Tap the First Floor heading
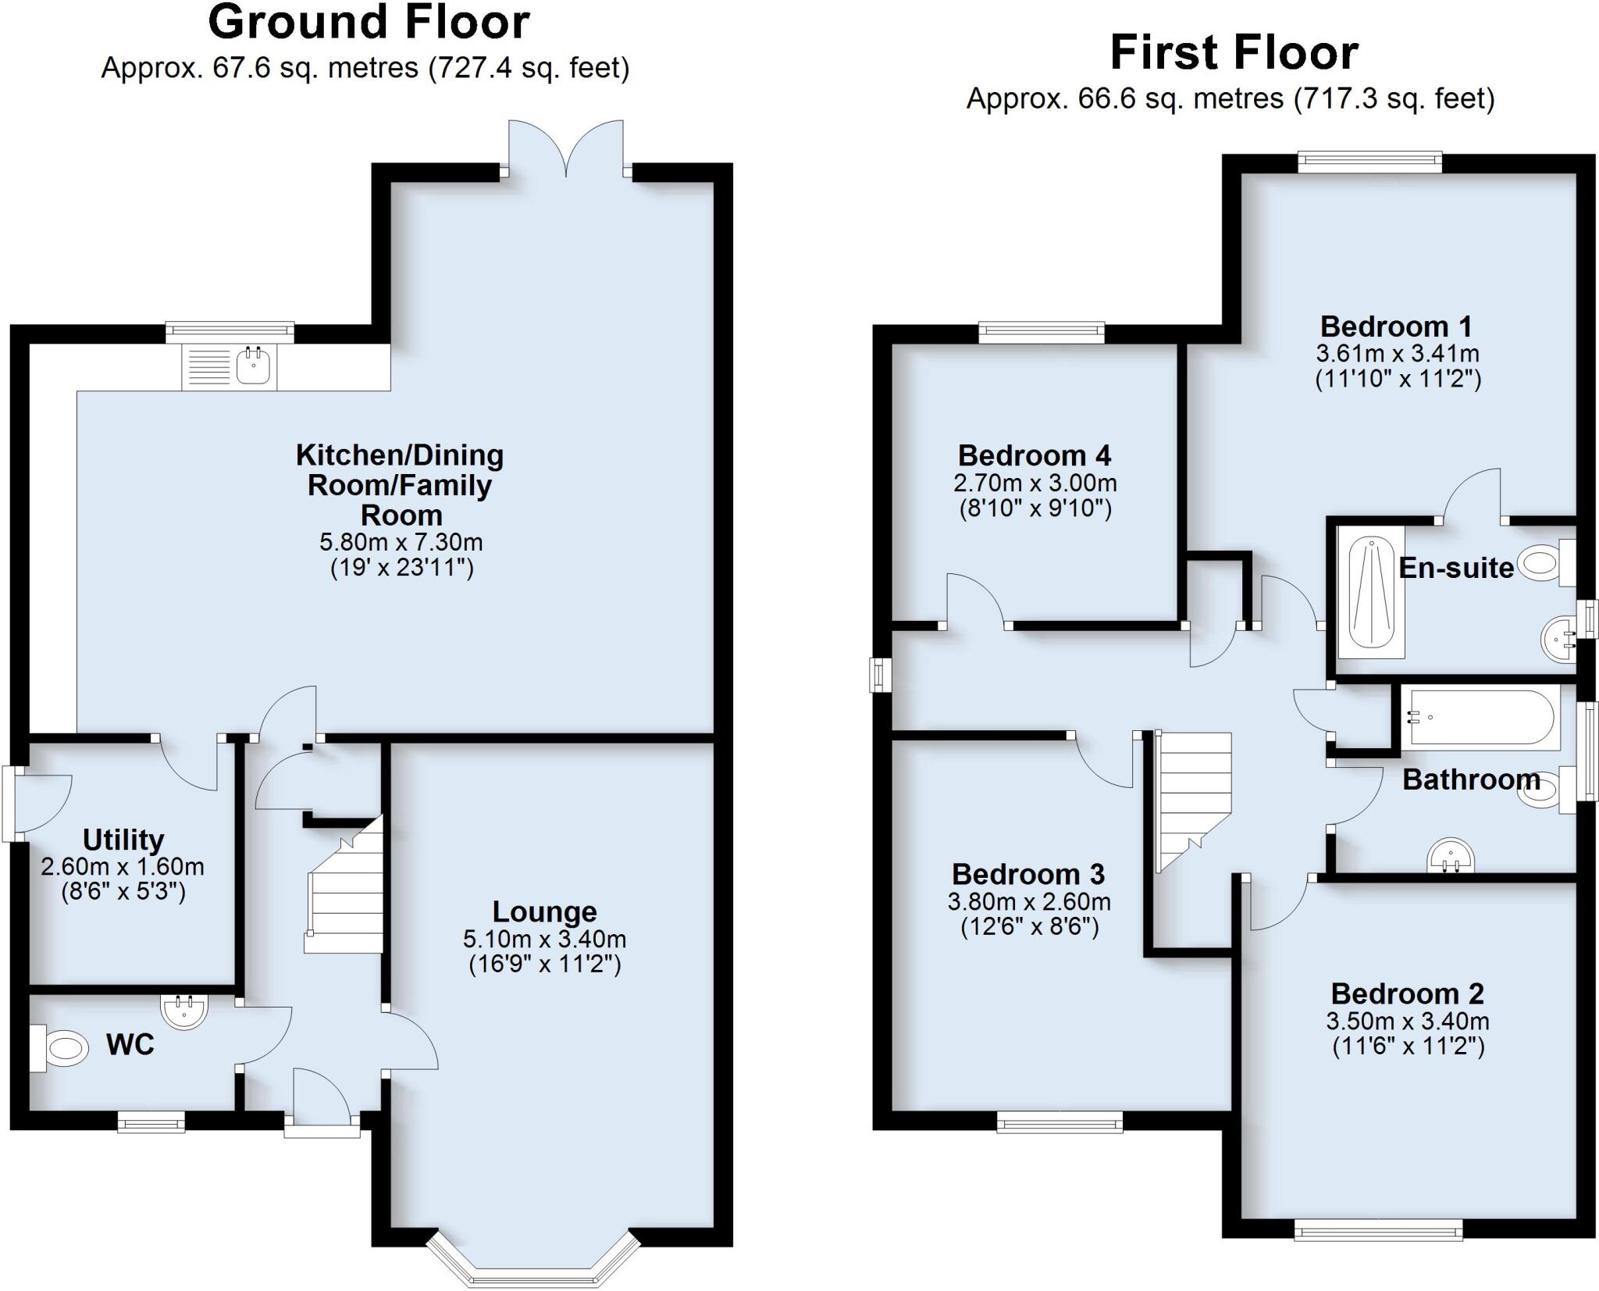(x=1234, y=53)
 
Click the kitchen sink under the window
(x=254, y=366)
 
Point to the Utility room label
(x=123, y=840)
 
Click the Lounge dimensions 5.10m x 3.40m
(x=544, y=938)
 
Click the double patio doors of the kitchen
(x=566, y=148)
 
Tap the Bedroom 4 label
(x=1035, y=455)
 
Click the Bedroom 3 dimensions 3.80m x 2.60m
(x=1029, y=902)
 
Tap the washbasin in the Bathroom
(x=1451, y=856)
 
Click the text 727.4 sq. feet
(x=529, y=69)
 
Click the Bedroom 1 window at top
(x=1370, y=162)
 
